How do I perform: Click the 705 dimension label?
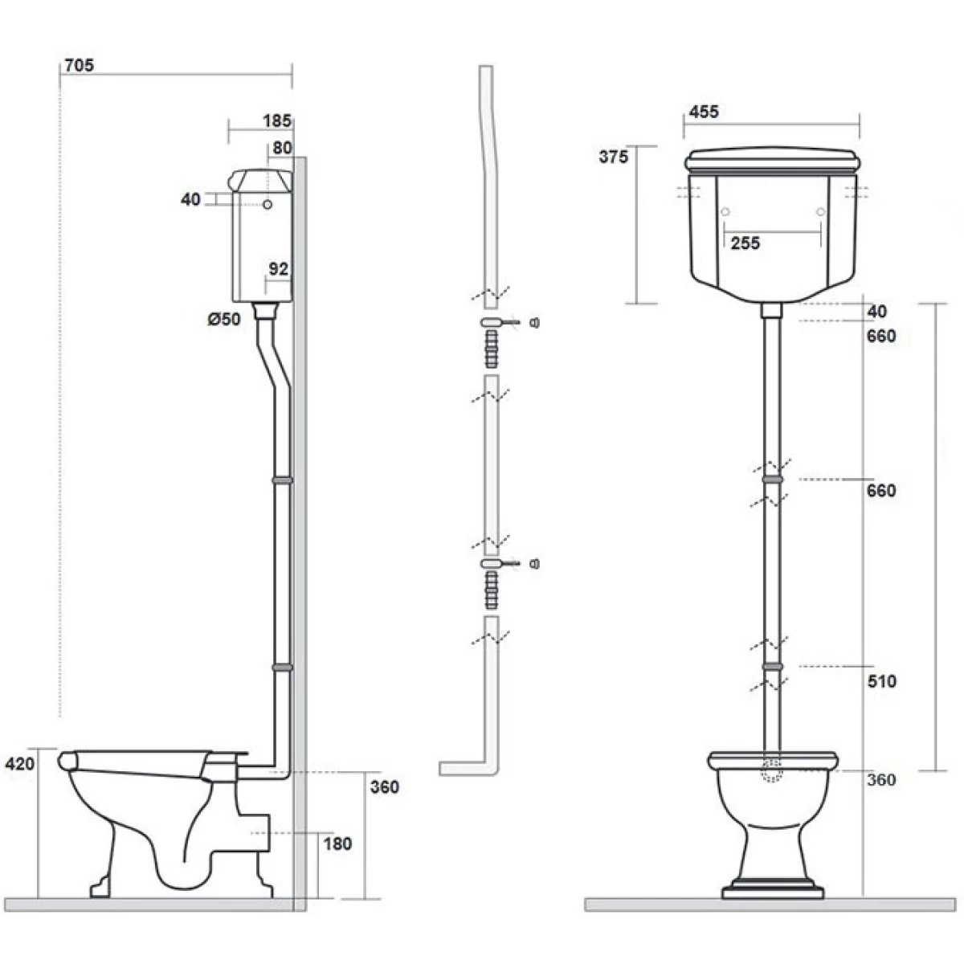pyautogui.click(x=79, y=66)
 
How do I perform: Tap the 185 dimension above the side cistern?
pyautogui.click(x=276, y=120)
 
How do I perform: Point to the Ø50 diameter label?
pyautogui.click(x=224, y=319)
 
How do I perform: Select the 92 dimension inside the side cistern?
pyautogui.click(x=279, y=269)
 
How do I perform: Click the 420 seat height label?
pyautogui.click(x=19, y=763)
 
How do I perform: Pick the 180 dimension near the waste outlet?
pyautogui.click(x=337, y=844)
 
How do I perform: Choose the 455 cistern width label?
pyautogui.click(x=704, y=112)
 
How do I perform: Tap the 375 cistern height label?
pyautogui.click(x=613, y=157)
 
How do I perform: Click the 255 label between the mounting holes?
pyautogui.click(x=745, y=243)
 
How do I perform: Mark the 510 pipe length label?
pyautogui.click(x=881, y=681)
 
